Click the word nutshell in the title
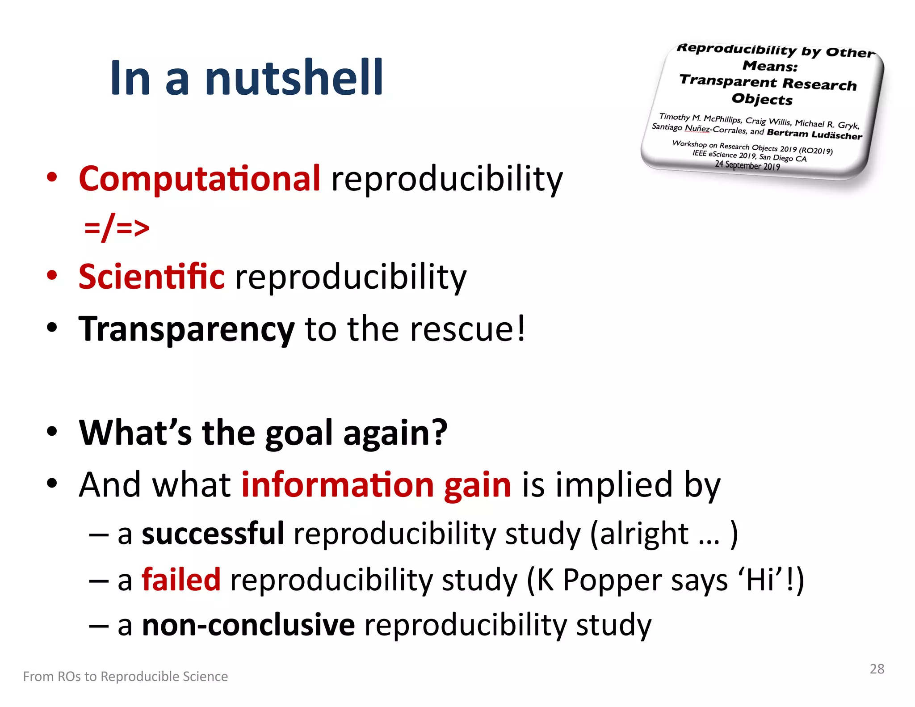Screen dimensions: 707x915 click(294, 78)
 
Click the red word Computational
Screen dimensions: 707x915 click(199, 178)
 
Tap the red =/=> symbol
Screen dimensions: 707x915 click(117, 227)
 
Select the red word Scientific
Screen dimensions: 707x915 click(151, 276)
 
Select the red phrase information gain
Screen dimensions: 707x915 click(376, 485)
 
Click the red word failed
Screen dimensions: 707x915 click(181, 580)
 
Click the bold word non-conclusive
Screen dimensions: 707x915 click(248, 625)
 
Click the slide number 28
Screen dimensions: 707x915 click(877, 669)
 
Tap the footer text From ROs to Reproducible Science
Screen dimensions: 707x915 click(125, 677)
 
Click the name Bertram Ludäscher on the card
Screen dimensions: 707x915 click(814, 134)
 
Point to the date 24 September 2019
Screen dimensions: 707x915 click(747, 165)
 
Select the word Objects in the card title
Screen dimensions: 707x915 click(762, 99)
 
